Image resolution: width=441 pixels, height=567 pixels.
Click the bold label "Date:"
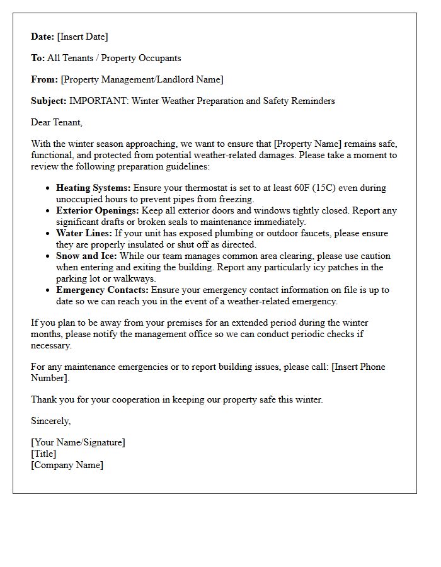(x=43, y=37)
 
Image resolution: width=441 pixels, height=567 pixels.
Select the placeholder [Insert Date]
(x=83, y=37)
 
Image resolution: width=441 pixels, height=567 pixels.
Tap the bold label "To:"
(x=38, y=58)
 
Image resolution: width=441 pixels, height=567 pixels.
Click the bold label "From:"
(x=44, y=79)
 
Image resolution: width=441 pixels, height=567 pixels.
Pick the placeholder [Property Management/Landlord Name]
(x=142, y=79)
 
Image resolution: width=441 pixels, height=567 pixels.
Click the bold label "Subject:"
(x=49, y=101)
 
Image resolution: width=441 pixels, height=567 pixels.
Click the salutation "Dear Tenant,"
(x=57, y=122)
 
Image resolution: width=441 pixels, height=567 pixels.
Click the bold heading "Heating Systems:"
(x=93, y=188)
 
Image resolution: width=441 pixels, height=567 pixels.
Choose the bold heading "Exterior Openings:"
(x=98, y=210)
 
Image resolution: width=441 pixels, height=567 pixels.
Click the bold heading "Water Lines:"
(x=84, y=233)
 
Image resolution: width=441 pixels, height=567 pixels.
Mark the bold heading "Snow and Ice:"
(x=86, y=256)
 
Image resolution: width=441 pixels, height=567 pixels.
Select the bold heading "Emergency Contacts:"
(x=102, y=290)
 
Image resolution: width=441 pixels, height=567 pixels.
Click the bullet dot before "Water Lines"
(x=49, y=234)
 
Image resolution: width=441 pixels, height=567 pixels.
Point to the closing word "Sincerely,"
(x=51, y=421)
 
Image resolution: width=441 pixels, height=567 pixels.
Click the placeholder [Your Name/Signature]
(x=78, y=442)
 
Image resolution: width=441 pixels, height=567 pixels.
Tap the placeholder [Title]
(x=43, y=454)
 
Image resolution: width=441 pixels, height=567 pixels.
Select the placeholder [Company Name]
(x=67, y=465)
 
